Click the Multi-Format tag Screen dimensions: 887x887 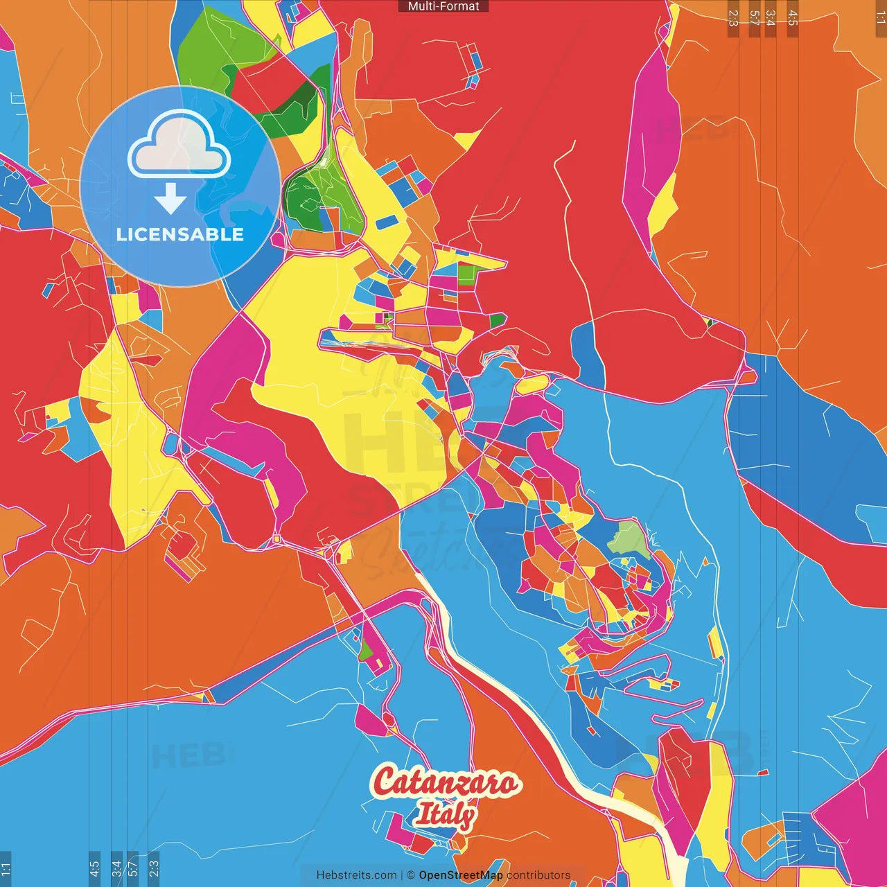pyautogui.click(x=443, y=6)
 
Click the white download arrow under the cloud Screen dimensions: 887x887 pyautogui.click(x=170, y=199)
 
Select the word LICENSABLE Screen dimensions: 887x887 pyautogui.click(x=179, y=234)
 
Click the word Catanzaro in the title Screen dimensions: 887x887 pyautogui.click(x=446, y=782)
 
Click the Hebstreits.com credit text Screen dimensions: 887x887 pyautogui.click(x=356, y=875)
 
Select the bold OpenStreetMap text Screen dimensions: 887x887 pyautogui.click(x=461, y=875)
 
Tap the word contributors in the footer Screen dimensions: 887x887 pyautogui.click(x=538, y=875)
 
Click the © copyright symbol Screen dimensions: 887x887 pyautogui.click(x=411, y=875)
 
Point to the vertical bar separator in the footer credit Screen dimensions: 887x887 pyautogui.click(x=402, y=875)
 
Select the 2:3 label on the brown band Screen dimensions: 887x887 pyautogui.click(x=733, y=18)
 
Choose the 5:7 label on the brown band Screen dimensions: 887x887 pyautogui.click(x=754, y=18)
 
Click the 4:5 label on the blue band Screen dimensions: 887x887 pyautogui.click(x=94, y=868)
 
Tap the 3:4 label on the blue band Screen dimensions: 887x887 pyautogui.click(x=116, y=868)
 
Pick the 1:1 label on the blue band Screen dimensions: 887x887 pyautogui.click(x=6, y=868)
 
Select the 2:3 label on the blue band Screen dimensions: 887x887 pyautogui.click(x=153, y=868)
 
